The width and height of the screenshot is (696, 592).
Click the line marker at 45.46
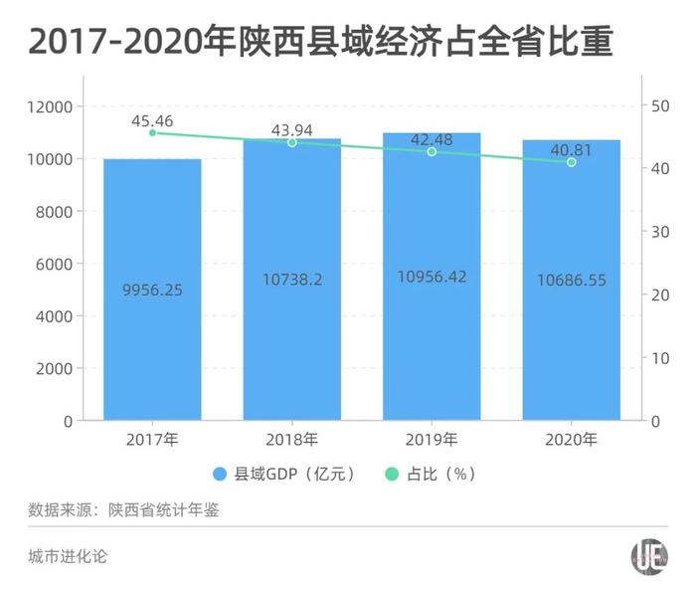pos(152,132)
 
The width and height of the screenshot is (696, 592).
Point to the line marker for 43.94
pos(292,142)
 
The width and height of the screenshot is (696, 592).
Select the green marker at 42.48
pos(432,151)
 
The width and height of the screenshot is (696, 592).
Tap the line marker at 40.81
pos(571,162)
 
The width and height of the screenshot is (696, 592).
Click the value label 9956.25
pos(152,291)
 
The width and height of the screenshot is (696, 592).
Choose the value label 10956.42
pos(432,278)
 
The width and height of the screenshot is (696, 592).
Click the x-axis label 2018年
pos(292,439)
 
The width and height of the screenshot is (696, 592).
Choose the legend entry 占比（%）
pos(441,474)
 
